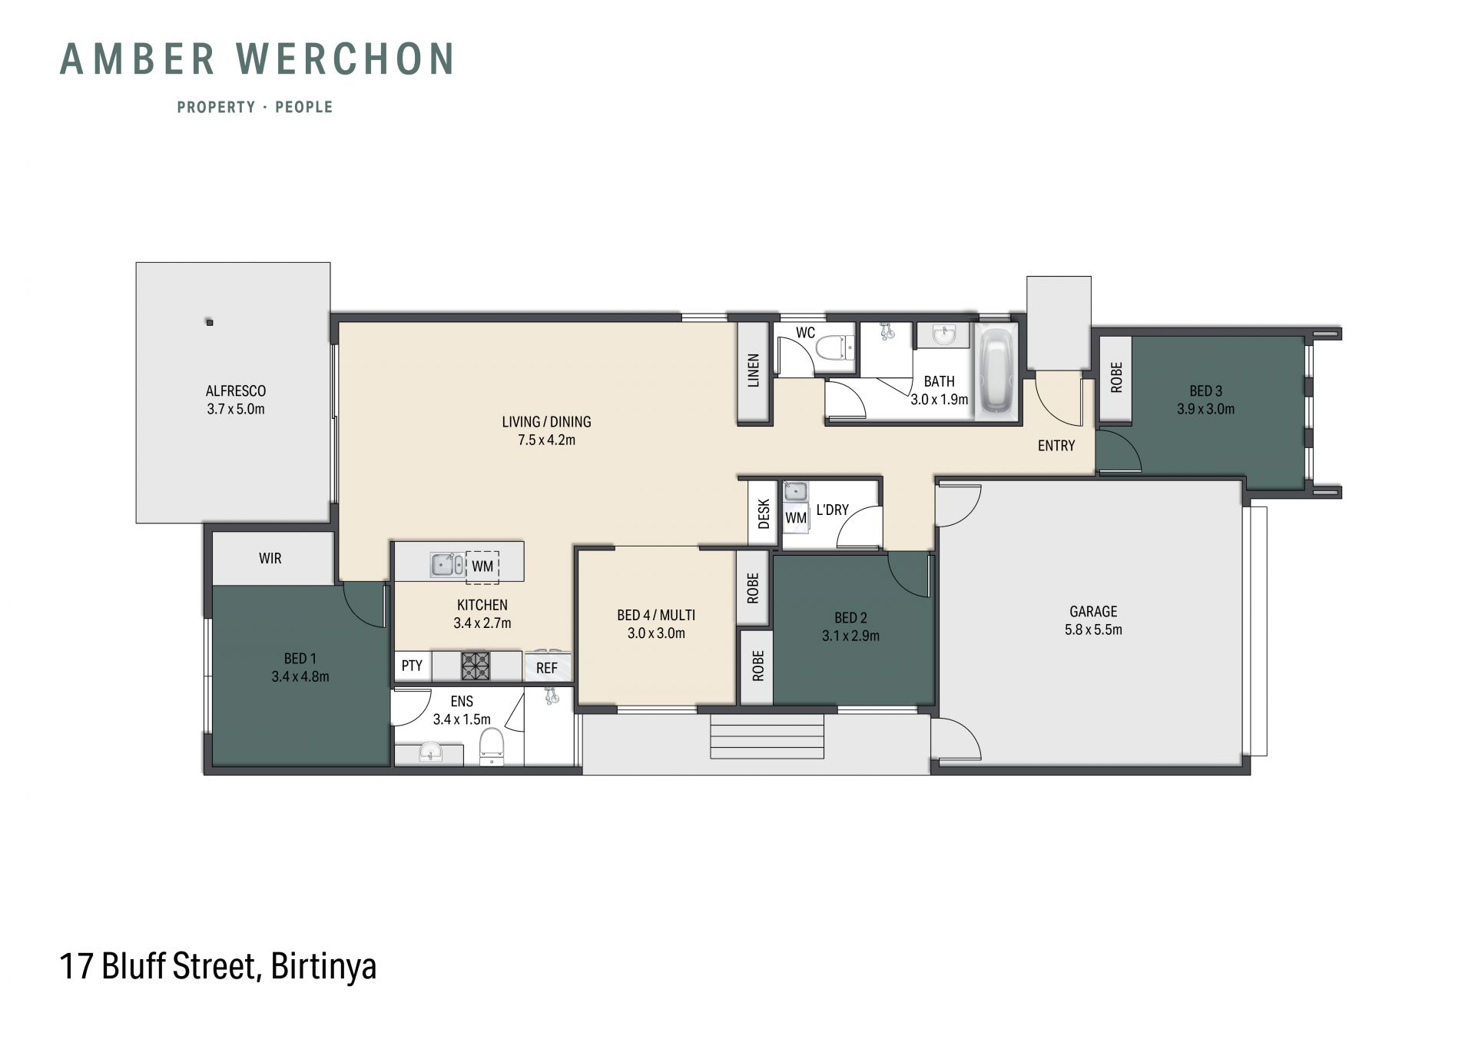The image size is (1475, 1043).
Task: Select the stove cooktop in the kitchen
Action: pyautogui.click(x=475, y=666)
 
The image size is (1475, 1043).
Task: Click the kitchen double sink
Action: pyautogui.click(x=446, y=565)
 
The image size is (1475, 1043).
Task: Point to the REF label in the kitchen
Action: pyautogui.click(x=547, y=668)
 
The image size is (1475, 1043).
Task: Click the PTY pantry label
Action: pyautogui.click(x=412, y=666)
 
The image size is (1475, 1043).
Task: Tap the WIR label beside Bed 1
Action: pyautogui.click(x=270, y=559)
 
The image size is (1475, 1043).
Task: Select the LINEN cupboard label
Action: pyautogui.click(x=754, y=370)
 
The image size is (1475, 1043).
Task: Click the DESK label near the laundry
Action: pyautogui.click(x=764, y=514)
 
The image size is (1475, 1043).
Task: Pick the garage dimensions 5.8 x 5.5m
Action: pyautogui.click(x=1092, y=630)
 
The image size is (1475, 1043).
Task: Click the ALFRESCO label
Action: pyautogui.click(x=236, y=391)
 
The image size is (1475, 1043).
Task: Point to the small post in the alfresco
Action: pyautogui.click(x=209, y=322)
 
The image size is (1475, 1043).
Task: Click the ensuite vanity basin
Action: pyautogui.click(x=430, y=753)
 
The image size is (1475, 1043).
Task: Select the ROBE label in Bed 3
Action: pyautogui.click(x=1116, y=377)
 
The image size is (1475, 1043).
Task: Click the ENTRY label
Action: pyautogui.click(x=1056, y=446)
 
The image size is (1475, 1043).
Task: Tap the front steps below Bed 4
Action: pyautogui.click(x=767, y=736)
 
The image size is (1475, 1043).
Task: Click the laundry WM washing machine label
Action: pyautogui.click(x=796, y=518)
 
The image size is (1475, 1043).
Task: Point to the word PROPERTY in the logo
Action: pyautogui.click(x=216, y=107)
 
